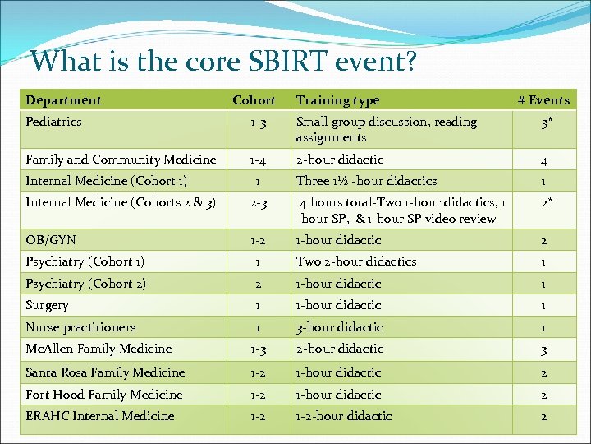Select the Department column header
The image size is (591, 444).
pyautogui.click(x=64, y=100)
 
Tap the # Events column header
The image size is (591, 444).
pyautogui.click(x=543, y=100)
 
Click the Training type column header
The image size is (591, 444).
pyautogui.click(x=337, y=100)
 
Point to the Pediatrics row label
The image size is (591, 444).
pyautogui.click(x=54, y=122)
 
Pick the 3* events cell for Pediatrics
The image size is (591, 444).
pyautogui.click(x=544, y=128)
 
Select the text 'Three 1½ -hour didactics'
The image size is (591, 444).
pyautogui.click(x=366, y=181)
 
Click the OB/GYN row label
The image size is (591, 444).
pyautogui.click(x=51, y=240)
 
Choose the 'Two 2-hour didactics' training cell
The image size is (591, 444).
pyautogui.click(x=355, y=261)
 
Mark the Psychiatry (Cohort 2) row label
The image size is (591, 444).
pyautogui.click(x=85, y=284)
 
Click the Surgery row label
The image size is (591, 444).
pyautogui.click(x=48, y=305)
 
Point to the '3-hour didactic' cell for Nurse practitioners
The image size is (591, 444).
pyautogui.click(x=339, y=327)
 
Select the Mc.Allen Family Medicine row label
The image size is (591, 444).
pyautogui.click(x=98, y=349)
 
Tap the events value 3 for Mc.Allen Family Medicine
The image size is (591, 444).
pyautogui.click(x=544, y=350)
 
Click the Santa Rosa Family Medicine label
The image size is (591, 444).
pyautogui.click(x=105, y=372)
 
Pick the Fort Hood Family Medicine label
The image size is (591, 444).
pyautogui.click(x=104, y=395)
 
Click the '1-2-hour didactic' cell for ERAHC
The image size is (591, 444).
pyautogui.click(x=344, y=416)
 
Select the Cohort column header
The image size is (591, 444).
pyautogui.click(x=254, y=100)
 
